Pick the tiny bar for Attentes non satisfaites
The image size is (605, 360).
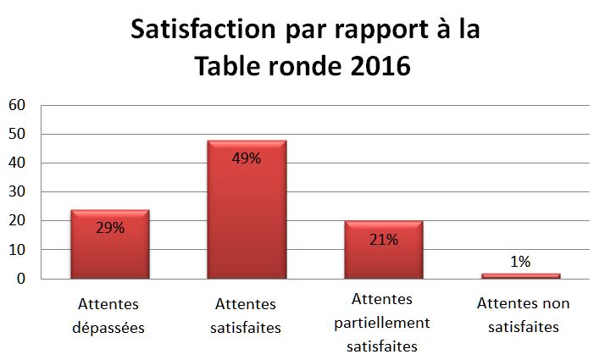520,275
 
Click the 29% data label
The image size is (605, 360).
110,228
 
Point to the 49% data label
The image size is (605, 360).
247,158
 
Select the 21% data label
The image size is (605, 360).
383,239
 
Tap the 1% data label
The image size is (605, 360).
520,262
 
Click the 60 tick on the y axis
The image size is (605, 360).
18,105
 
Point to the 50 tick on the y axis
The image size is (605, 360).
18,134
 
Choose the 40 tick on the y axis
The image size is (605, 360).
18,163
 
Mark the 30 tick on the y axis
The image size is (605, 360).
18,191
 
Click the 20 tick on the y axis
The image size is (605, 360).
18,221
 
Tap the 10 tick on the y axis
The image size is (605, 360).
18,250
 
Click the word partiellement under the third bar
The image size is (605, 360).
383,323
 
